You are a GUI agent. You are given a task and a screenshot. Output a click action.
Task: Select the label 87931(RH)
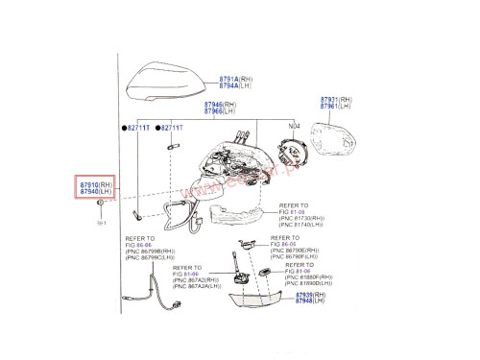tap(335, 100)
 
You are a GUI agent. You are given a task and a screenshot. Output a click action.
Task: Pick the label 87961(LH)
tap(335, 108)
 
